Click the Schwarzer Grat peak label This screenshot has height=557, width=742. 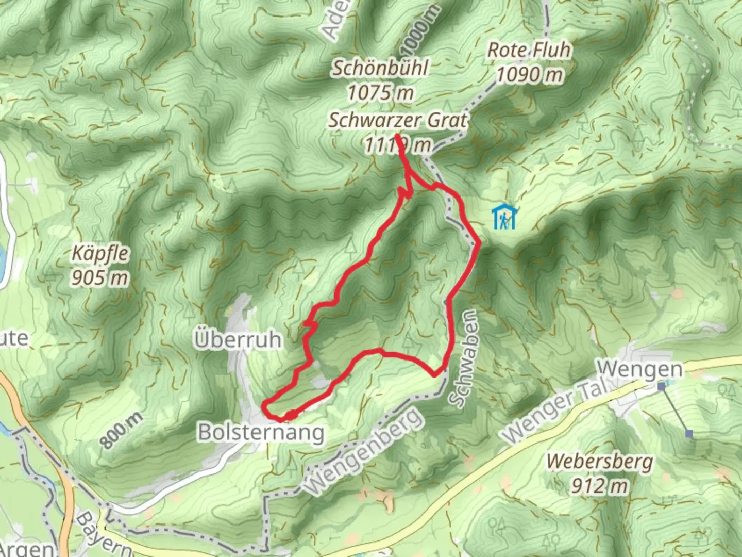398,120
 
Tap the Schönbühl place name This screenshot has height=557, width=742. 380,68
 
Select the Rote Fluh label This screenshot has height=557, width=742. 529,50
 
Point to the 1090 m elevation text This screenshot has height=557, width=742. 530,75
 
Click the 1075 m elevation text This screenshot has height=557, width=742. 380,93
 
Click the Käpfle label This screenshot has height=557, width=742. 100,253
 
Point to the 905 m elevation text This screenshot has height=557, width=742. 99,278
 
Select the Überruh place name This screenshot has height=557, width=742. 238,340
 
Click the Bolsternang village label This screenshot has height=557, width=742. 261,433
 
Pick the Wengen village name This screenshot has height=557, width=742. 639,369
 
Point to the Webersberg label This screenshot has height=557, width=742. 600,461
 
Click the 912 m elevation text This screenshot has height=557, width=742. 600,486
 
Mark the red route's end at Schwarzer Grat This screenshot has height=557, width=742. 397,136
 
